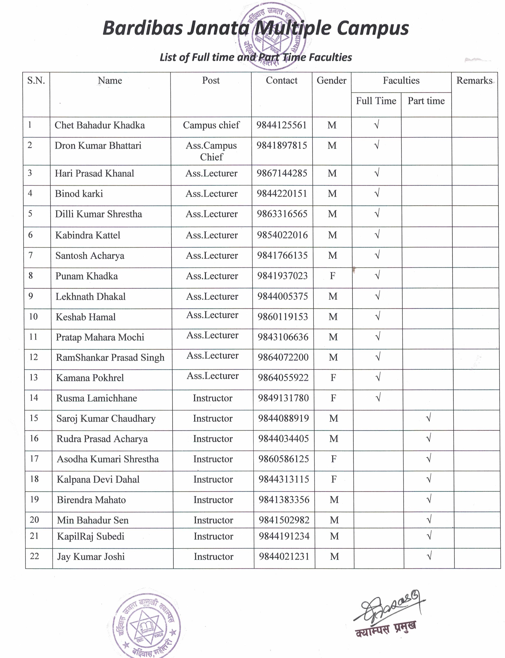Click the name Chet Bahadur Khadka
99,125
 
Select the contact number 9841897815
282,145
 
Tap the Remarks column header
474,81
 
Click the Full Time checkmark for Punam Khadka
377,275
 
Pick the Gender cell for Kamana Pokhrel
333,378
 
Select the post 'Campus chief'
211,125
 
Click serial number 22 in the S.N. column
35,556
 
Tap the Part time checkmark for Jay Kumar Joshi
429,556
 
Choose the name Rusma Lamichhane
97,398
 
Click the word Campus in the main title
373,29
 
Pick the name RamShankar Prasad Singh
110,358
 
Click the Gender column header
332,81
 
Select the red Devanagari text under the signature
386,628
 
